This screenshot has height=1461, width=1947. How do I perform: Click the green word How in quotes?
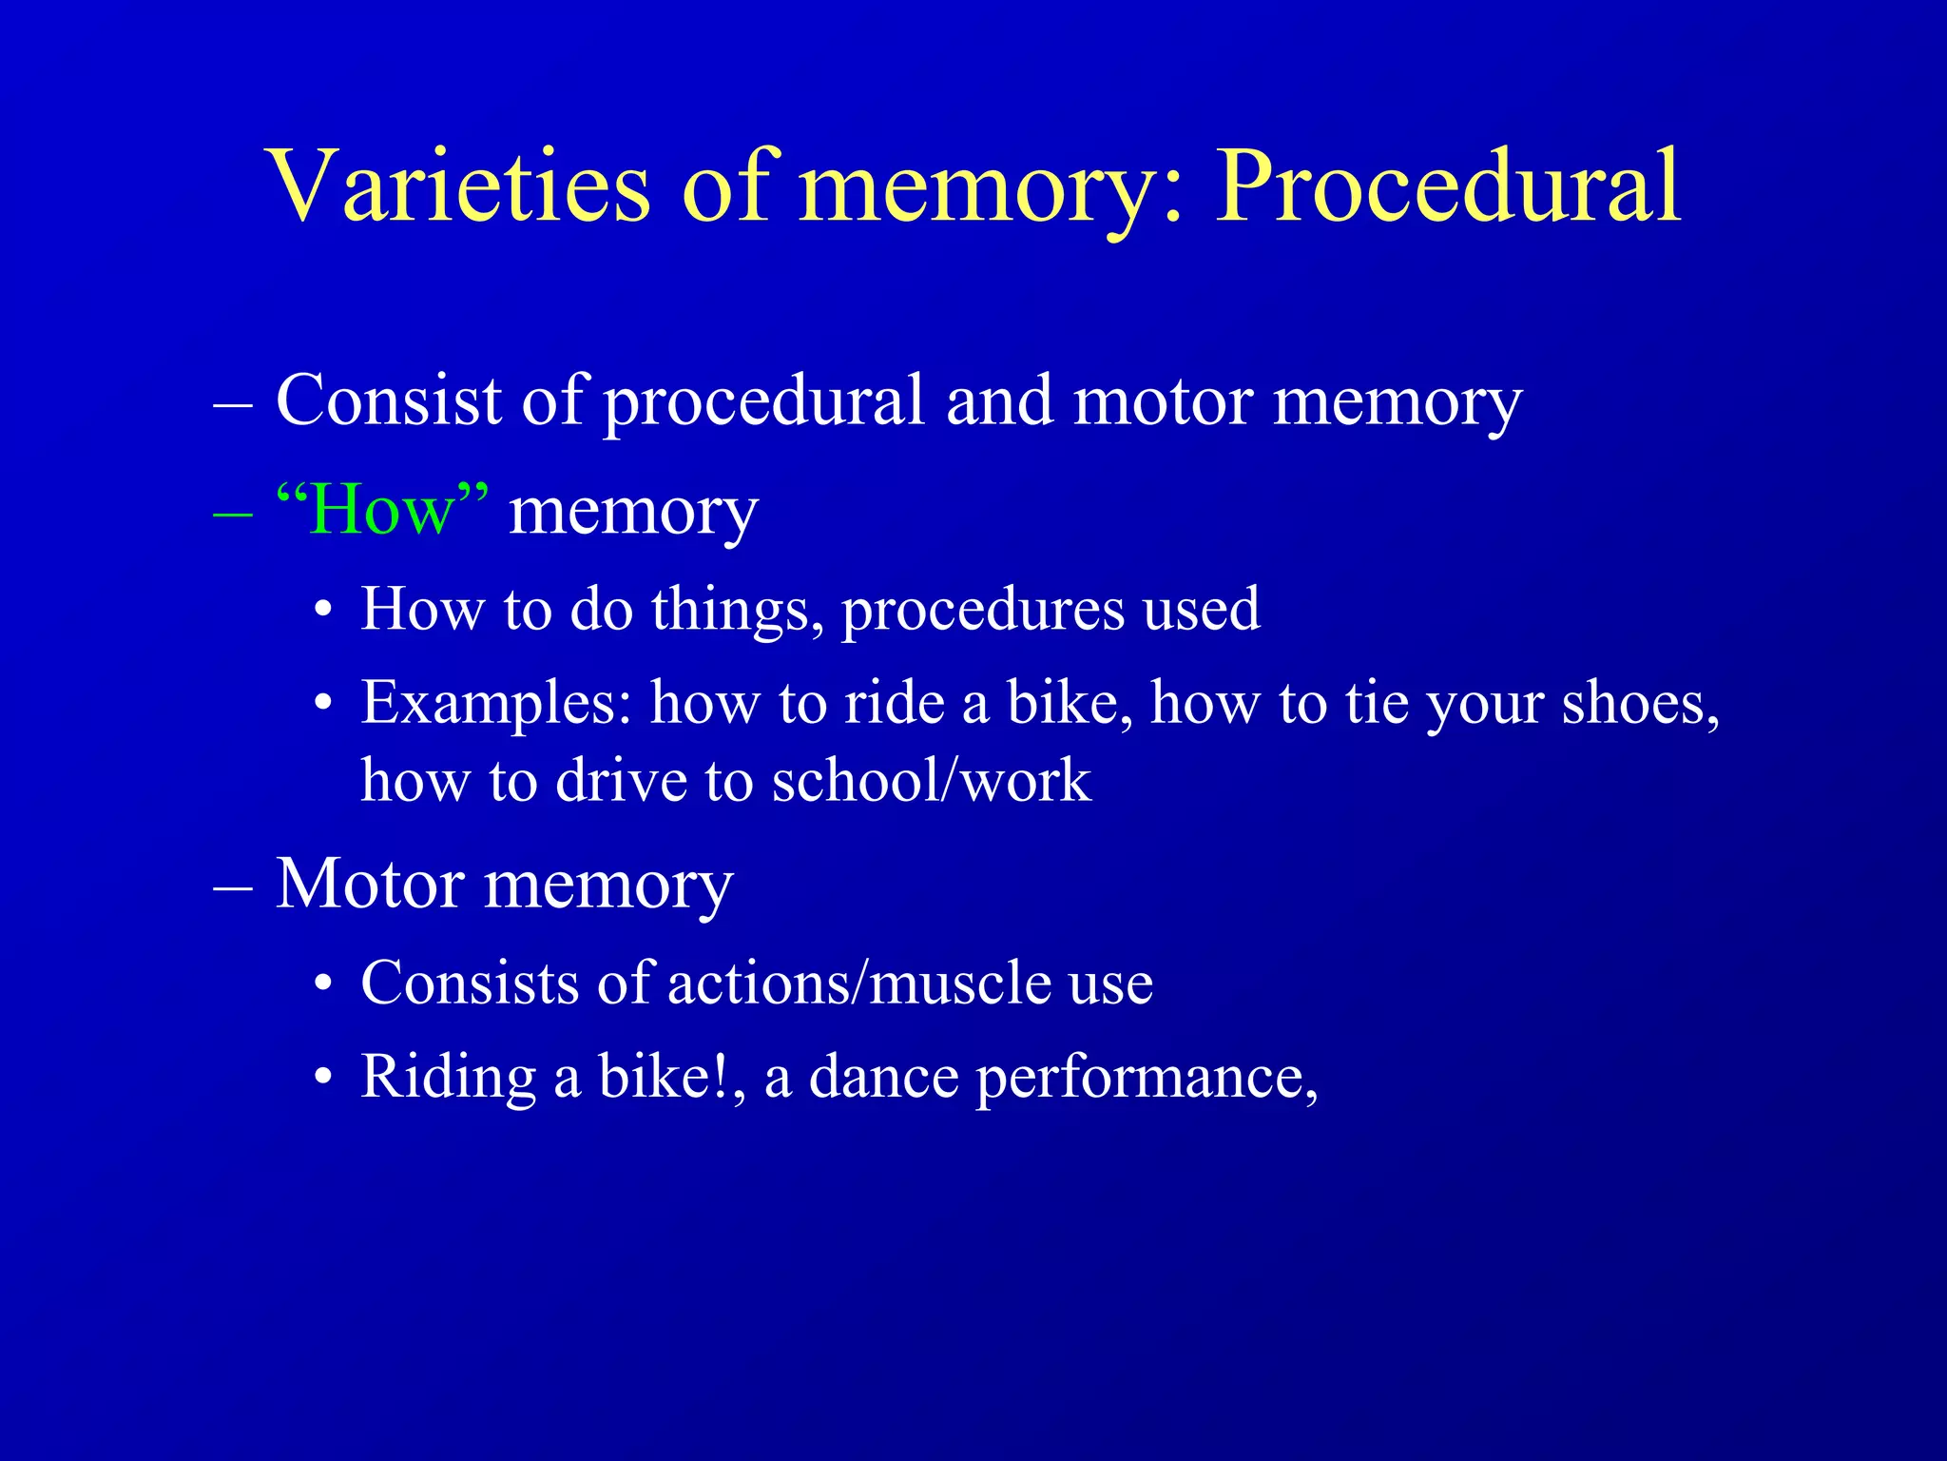click(381, 511)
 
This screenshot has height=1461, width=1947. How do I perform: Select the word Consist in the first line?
click(389, 399)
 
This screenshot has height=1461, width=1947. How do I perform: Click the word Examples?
click(495, 705)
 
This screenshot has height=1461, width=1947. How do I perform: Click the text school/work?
click(931, 781)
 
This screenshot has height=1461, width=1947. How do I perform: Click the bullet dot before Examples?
click(324, 705)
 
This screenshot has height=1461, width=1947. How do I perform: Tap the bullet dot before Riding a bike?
click(324, 1078)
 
